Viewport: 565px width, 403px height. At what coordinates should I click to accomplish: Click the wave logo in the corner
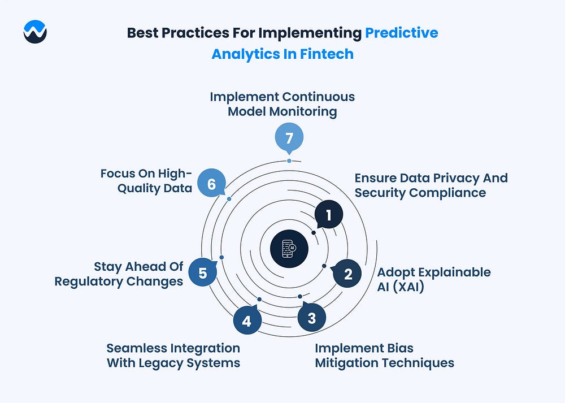[x=35, y=32]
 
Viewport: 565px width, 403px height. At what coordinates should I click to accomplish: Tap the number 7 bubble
[x=289, y=138]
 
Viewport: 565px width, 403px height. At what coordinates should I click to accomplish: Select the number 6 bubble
[x=212, y=183]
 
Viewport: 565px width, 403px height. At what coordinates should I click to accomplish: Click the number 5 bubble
[x=203, y=272]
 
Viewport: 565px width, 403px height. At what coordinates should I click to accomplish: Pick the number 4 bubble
[x=247, y=320]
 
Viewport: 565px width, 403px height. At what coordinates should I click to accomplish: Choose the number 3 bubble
[x=312, y=317]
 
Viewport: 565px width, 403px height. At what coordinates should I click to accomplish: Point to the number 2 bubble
[x=347, y=274]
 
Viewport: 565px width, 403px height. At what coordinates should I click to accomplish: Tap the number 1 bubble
[x=328, y=215]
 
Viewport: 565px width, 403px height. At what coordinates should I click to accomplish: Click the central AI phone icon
[x=289, y=249]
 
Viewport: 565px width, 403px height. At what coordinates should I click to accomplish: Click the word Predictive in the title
[x=401, y=33]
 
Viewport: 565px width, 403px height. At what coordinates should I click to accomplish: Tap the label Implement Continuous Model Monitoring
[x=282, y=104]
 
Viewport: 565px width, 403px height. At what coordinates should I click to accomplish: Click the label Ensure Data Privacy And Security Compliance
[x=431, y=185]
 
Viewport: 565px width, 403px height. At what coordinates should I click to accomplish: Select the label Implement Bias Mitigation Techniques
[x=384, y=356]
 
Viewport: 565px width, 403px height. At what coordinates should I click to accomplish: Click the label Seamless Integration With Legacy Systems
[x=173, y=356]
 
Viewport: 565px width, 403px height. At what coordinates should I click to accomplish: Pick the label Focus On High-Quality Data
[x=146, y=181]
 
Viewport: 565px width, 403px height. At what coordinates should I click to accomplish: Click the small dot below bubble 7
[x=289, y=161]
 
